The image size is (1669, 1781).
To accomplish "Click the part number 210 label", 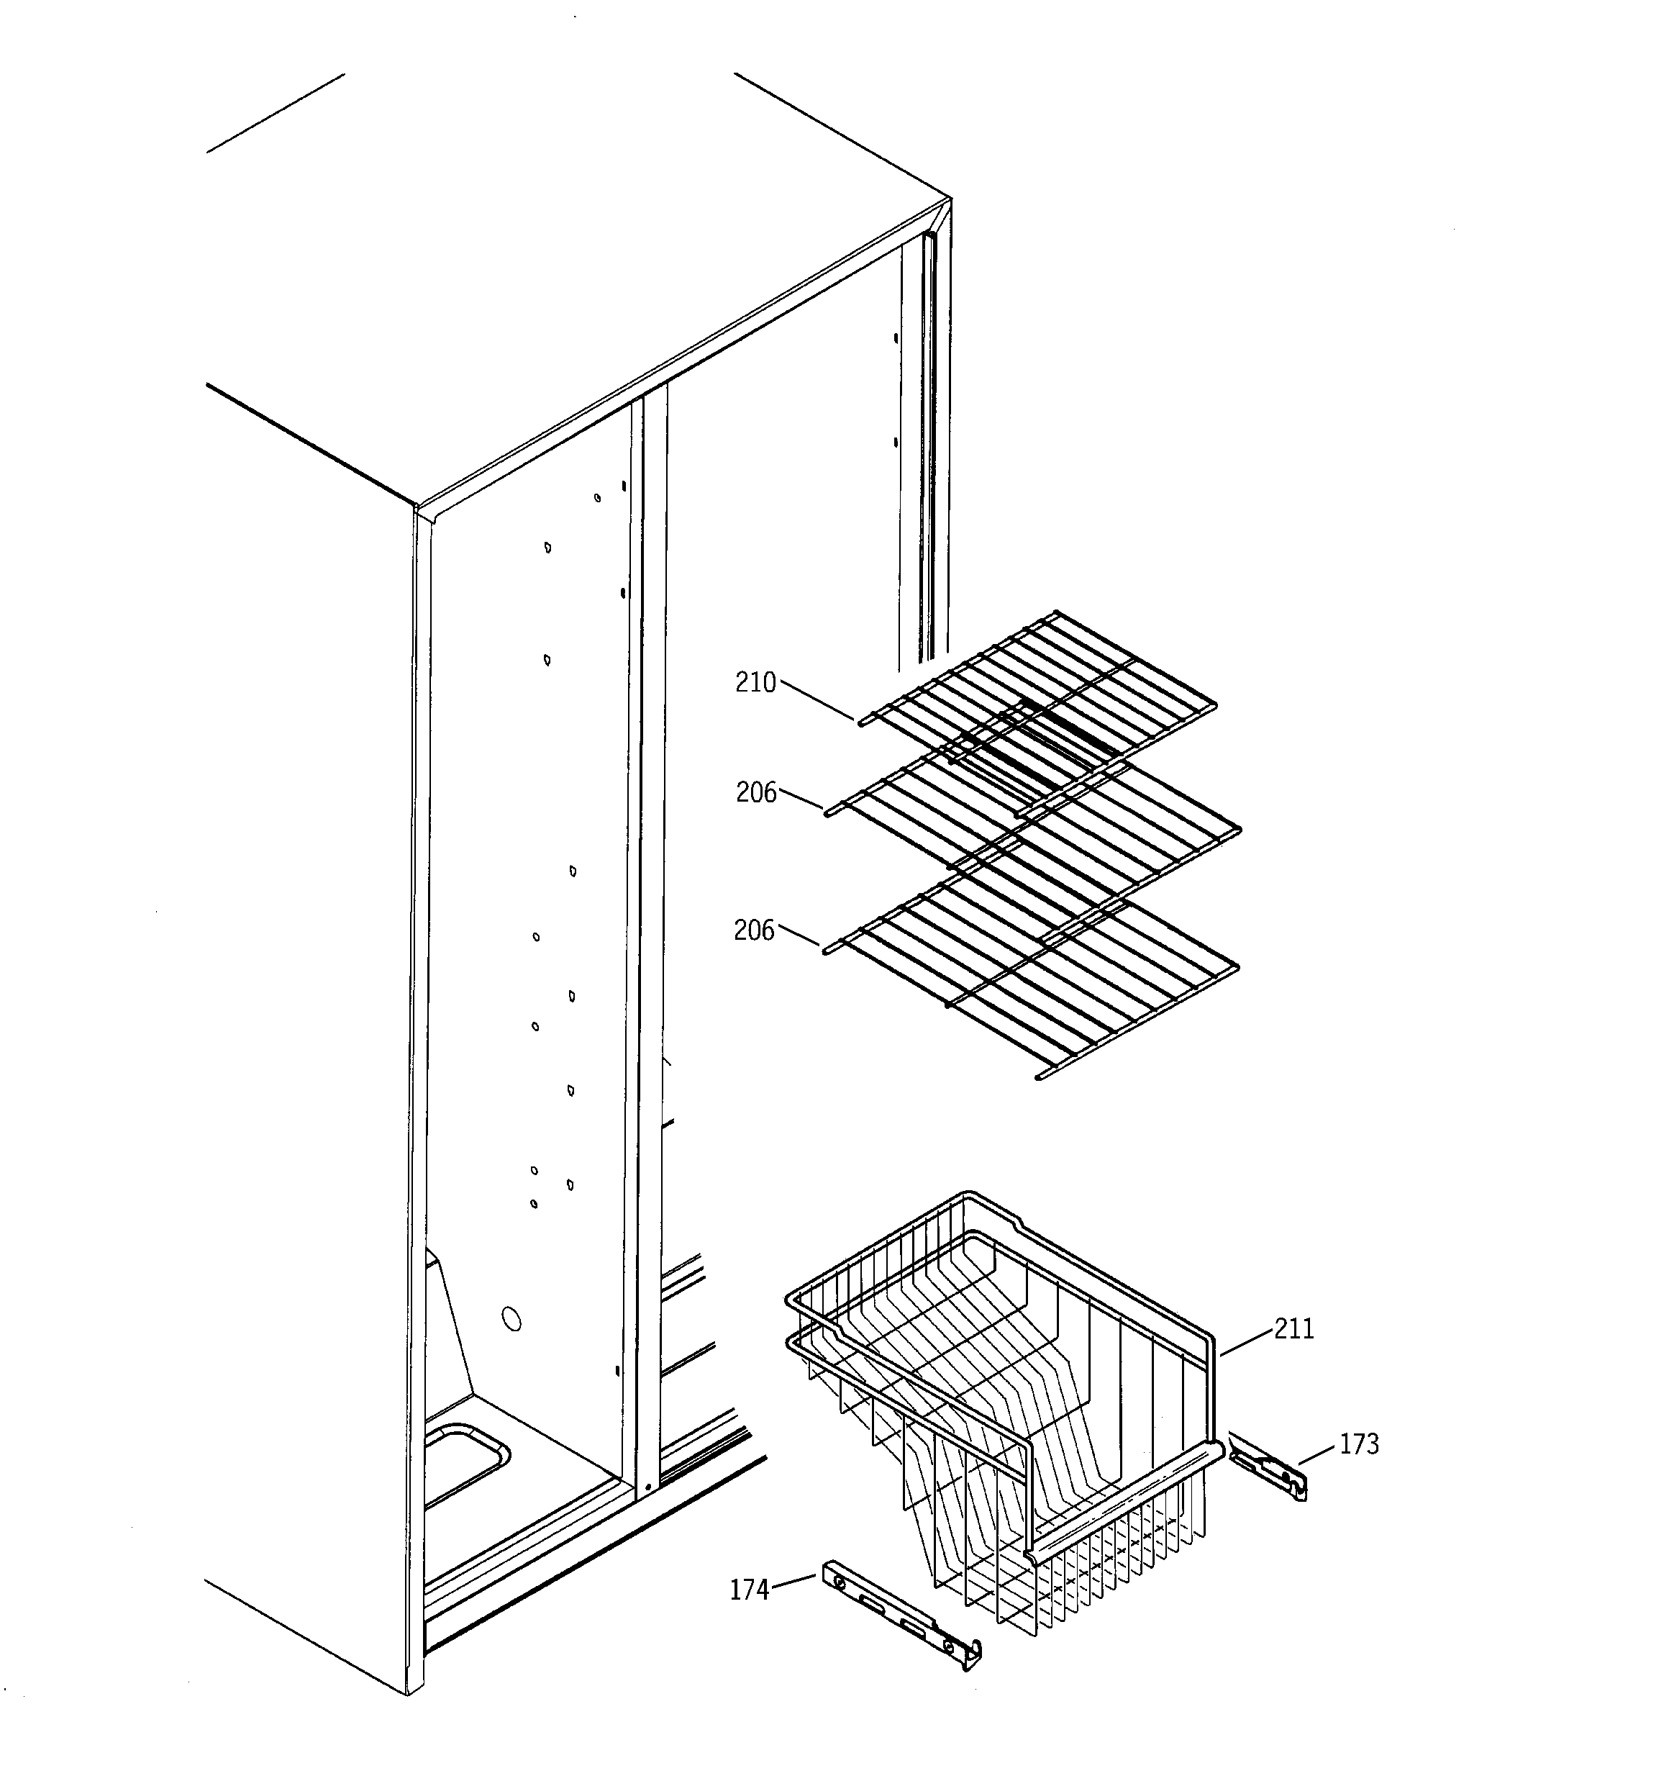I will [x=755, y=683].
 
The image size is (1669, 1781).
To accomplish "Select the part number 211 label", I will [x=1293, y=1328].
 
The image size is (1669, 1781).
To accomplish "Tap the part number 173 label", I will [x=1359, y=1444].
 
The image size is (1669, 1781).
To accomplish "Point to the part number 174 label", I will [x=749, y=1590].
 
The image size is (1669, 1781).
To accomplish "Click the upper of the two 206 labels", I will [x=756, y=793].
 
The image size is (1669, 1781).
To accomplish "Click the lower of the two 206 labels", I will [x=753, y=931].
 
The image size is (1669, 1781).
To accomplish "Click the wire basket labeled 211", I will [x=1004, y=1397].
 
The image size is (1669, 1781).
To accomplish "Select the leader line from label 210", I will [x=817, y=701].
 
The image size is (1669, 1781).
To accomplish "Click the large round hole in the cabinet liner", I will [x=511, y=1320].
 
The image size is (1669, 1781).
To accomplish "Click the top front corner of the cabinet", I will [x=417, y=507].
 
